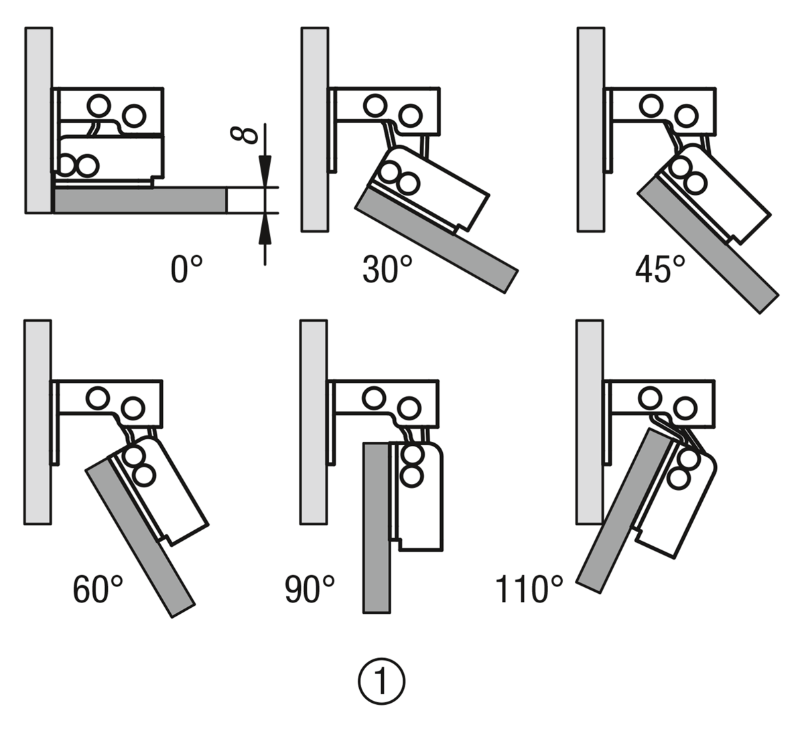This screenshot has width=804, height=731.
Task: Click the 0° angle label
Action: pos(186,270)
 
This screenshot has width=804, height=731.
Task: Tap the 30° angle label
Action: pos(387,270)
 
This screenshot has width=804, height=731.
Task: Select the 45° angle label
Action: pos(660,270)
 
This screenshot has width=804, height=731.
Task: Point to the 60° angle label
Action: pos(98,590)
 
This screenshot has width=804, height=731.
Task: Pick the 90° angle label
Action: pos(309,590)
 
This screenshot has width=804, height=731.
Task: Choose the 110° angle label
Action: pos(529,590)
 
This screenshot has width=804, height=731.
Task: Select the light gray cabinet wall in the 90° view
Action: pos(314,422)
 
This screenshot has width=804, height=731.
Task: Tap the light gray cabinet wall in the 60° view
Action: pos(38,422)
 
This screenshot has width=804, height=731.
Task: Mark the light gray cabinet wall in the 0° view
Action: pos(38,120)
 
